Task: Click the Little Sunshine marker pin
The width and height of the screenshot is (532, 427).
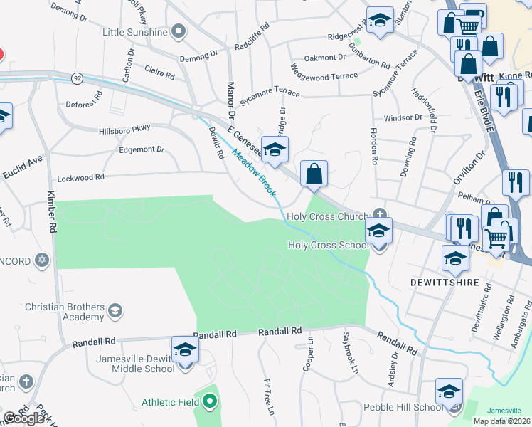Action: [x=179, y=31]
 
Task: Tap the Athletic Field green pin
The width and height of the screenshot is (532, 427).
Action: [x=208, y=402]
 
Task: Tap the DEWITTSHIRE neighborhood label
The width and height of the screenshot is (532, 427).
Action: [x=442, y=283]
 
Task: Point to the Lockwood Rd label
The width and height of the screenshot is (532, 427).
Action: [x=81, y=176]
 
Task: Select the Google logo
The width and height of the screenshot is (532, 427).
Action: [x=23, y=418]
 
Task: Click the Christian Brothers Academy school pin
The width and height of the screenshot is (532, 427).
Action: [x=114, y=310]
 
